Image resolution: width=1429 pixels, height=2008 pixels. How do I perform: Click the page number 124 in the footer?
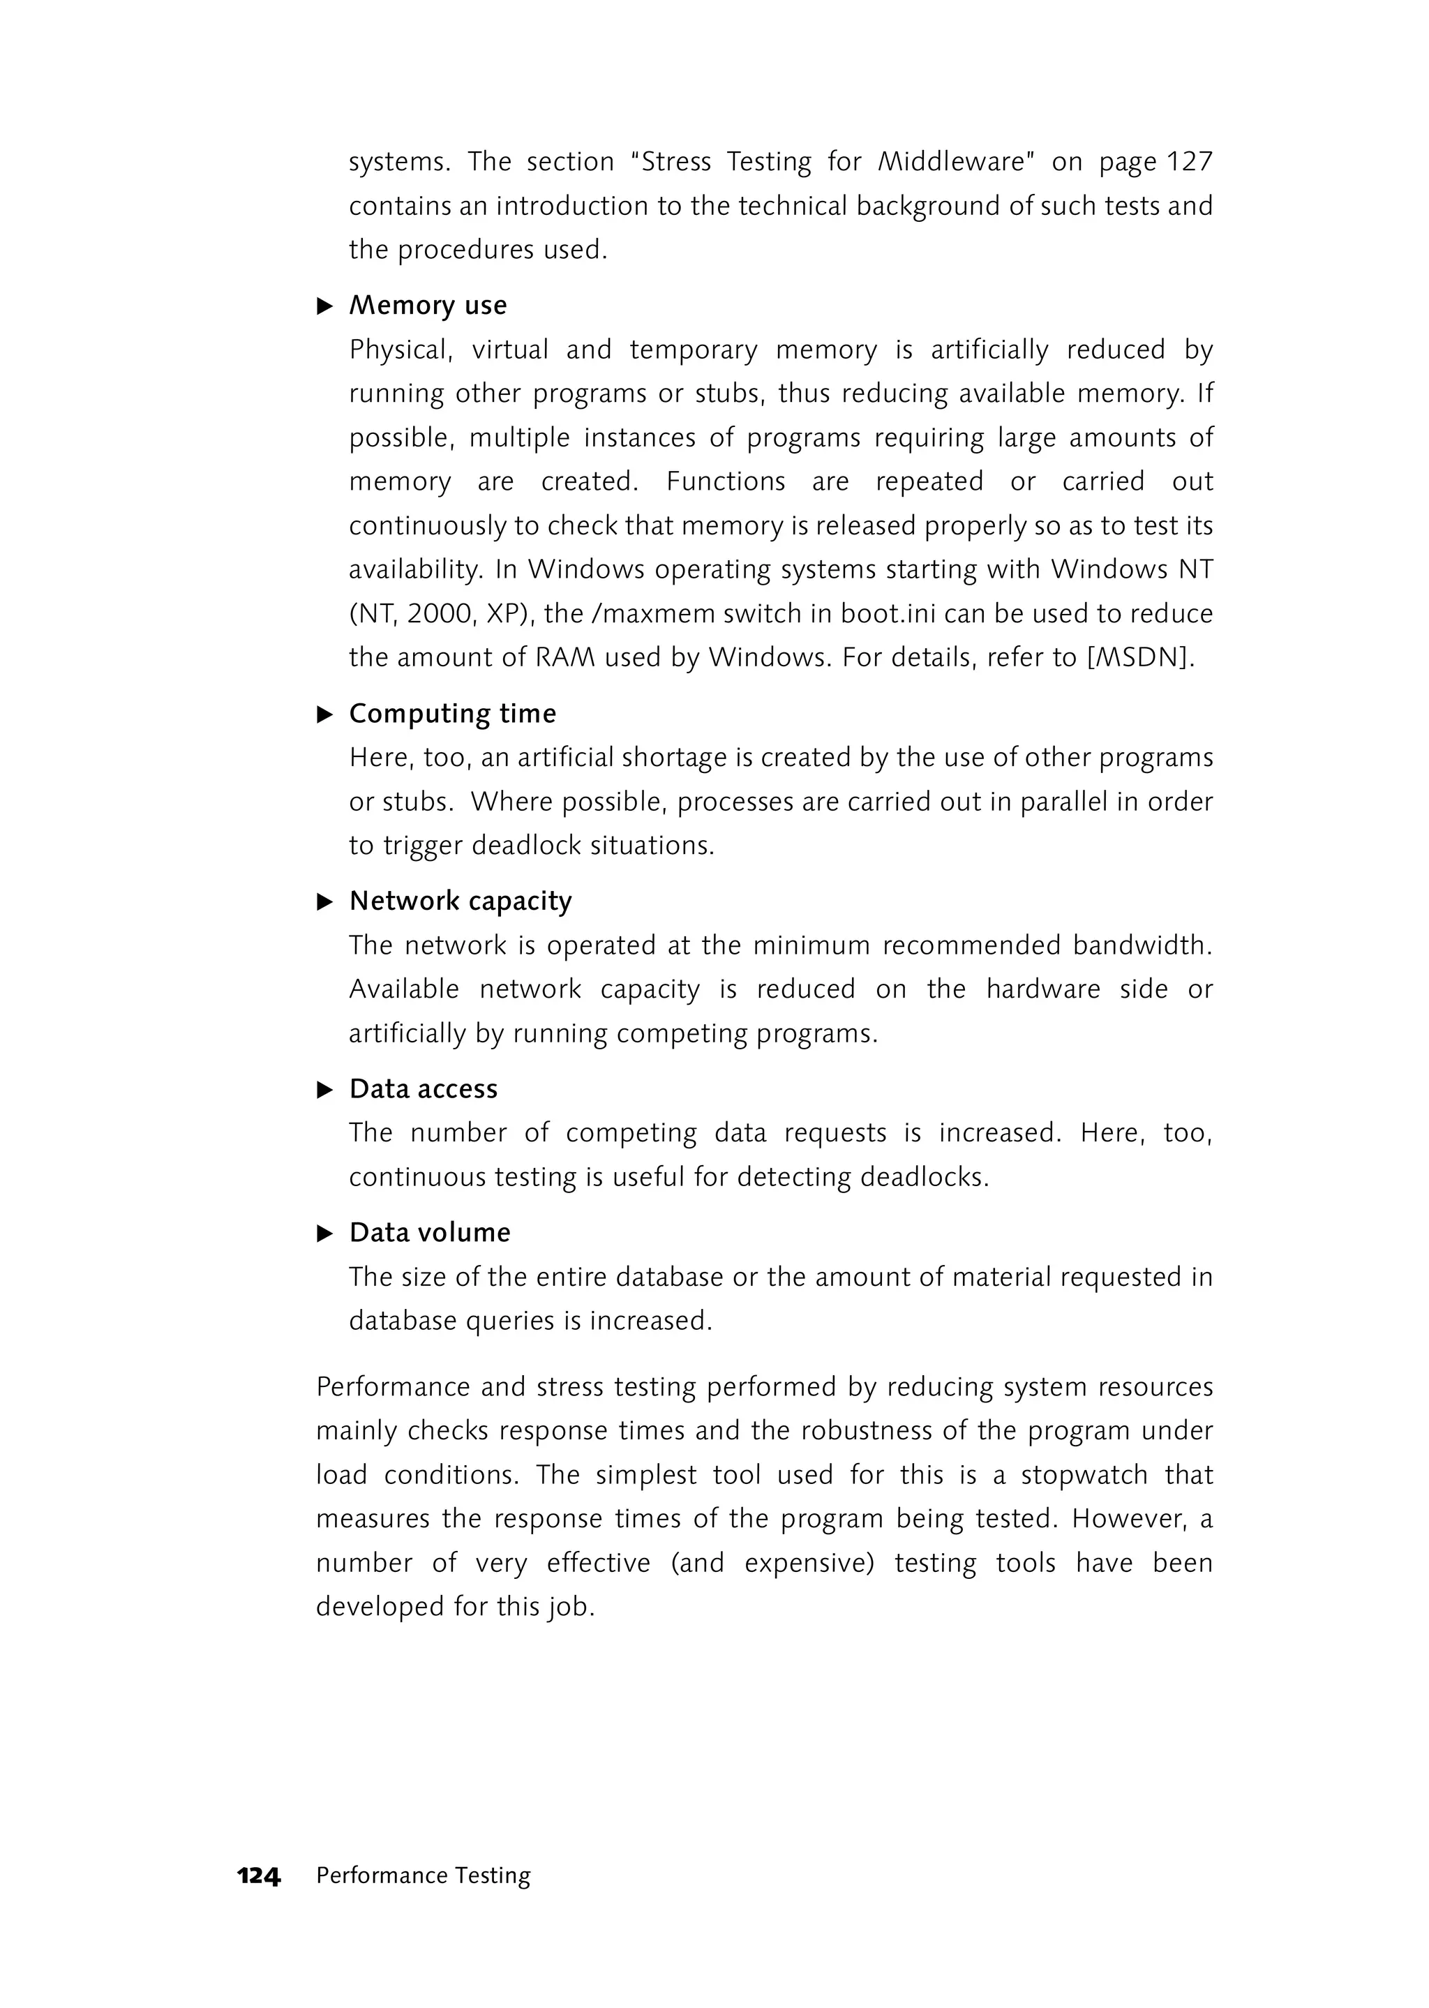click(259, 1875)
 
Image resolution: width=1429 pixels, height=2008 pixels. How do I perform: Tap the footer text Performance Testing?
click(424, 1875)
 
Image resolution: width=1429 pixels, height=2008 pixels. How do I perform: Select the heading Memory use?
click(428, 306)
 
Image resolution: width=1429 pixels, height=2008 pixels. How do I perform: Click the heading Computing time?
click(452, 714)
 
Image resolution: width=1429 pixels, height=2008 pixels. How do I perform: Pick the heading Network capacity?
click(461, 901)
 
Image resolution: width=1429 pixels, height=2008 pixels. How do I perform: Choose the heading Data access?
click(424, 1089)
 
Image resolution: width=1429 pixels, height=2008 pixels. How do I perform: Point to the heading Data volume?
click(429, 1233)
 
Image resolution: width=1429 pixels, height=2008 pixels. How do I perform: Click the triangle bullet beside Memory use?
click(324, 306)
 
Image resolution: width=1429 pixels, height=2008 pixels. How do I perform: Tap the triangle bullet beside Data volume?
click(324, 1234)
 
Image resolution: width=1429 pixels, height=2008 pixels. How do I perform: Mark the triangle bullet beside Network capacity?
click(324, 902)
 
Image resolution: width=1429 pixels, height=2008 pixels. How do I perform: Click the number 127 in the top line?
click(1190, 162)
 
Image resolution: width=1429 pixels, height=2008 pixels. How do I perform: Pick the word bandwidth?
click(1142, 945)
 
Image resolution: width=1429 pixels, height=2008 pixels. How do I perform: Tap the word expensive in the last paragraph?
click(806, 1563)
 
